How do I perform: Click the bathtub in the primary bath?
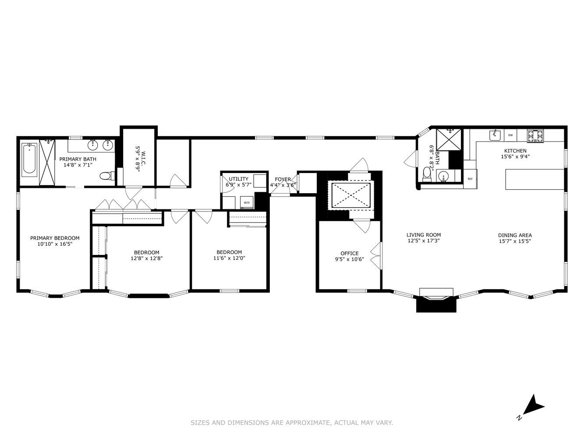30,159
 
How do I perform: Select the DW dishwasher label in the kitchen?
510,135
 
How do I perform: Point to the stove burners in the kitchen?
535,136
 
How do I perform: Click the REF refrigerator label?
470,179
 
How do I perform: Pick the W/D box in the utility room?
247,202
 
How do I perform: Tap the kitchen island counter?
534,179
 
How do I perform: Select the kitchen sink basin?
495,135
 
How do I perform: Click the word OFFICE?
350,253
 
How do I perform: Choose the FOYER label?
283,179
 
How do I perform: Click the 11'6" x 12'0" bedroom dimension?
229,258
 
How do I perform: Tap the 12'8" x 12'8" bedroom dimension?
146,258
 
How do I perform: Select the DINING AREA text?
515,235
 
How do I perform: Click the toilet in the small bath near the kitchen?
427,174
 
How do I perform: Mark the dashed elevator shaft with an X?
351,194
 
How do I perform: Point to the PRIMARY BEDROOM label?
55,238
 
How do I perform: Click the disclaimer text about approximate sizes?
292,423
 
